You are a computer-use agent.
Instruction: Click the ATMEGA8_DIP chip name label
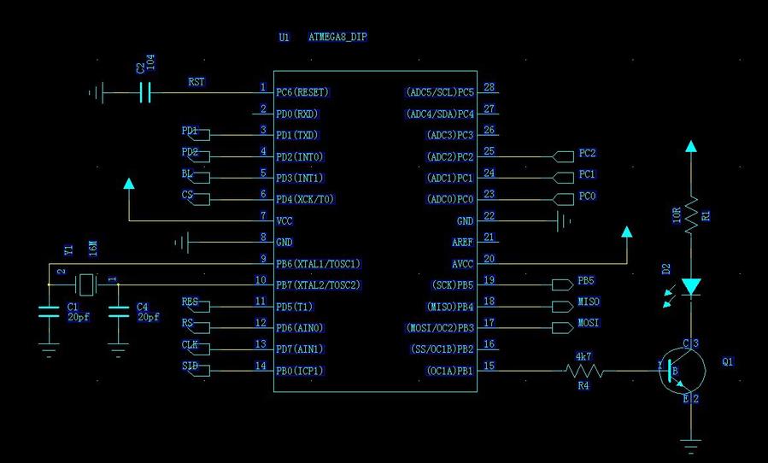[x=337, y=38]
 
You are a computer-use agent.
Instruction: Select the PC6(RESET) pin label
[x=302, y=91]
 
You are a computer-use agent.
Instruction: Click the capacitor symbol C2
[x=145, y=91]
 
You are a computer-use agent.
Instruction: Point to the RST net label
[x=196, y=83]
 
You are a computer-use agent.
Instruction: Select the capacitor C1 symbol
[x=49, y=314]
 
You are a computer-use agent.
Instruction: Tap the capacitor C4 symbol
[x=118, y=314]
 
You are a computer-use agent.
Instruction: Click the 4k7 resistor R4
[x=585, y=371]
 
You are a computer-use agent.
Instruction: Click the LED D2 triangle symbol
[x=691, y=286]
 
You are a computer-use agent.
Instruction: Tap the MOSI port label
[x=589, y=323]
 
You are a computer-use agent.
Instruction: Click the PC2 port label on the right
[x=587, y=154]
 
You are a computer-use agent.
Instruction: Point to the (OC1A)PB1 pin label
[x=449, y=371]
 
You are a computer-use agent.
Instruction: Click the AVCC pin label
[x=462, y=264]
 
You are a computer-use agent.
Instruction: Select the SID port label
[x=190, y=366]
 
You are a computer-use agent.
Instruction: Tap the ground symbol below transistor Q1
[x=691, y=444]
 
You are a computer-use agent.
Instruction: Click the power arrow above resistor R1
[x=691, y=147]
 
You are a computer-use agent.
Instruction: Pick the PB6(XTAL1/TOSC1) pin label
[x=318, y=264]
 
